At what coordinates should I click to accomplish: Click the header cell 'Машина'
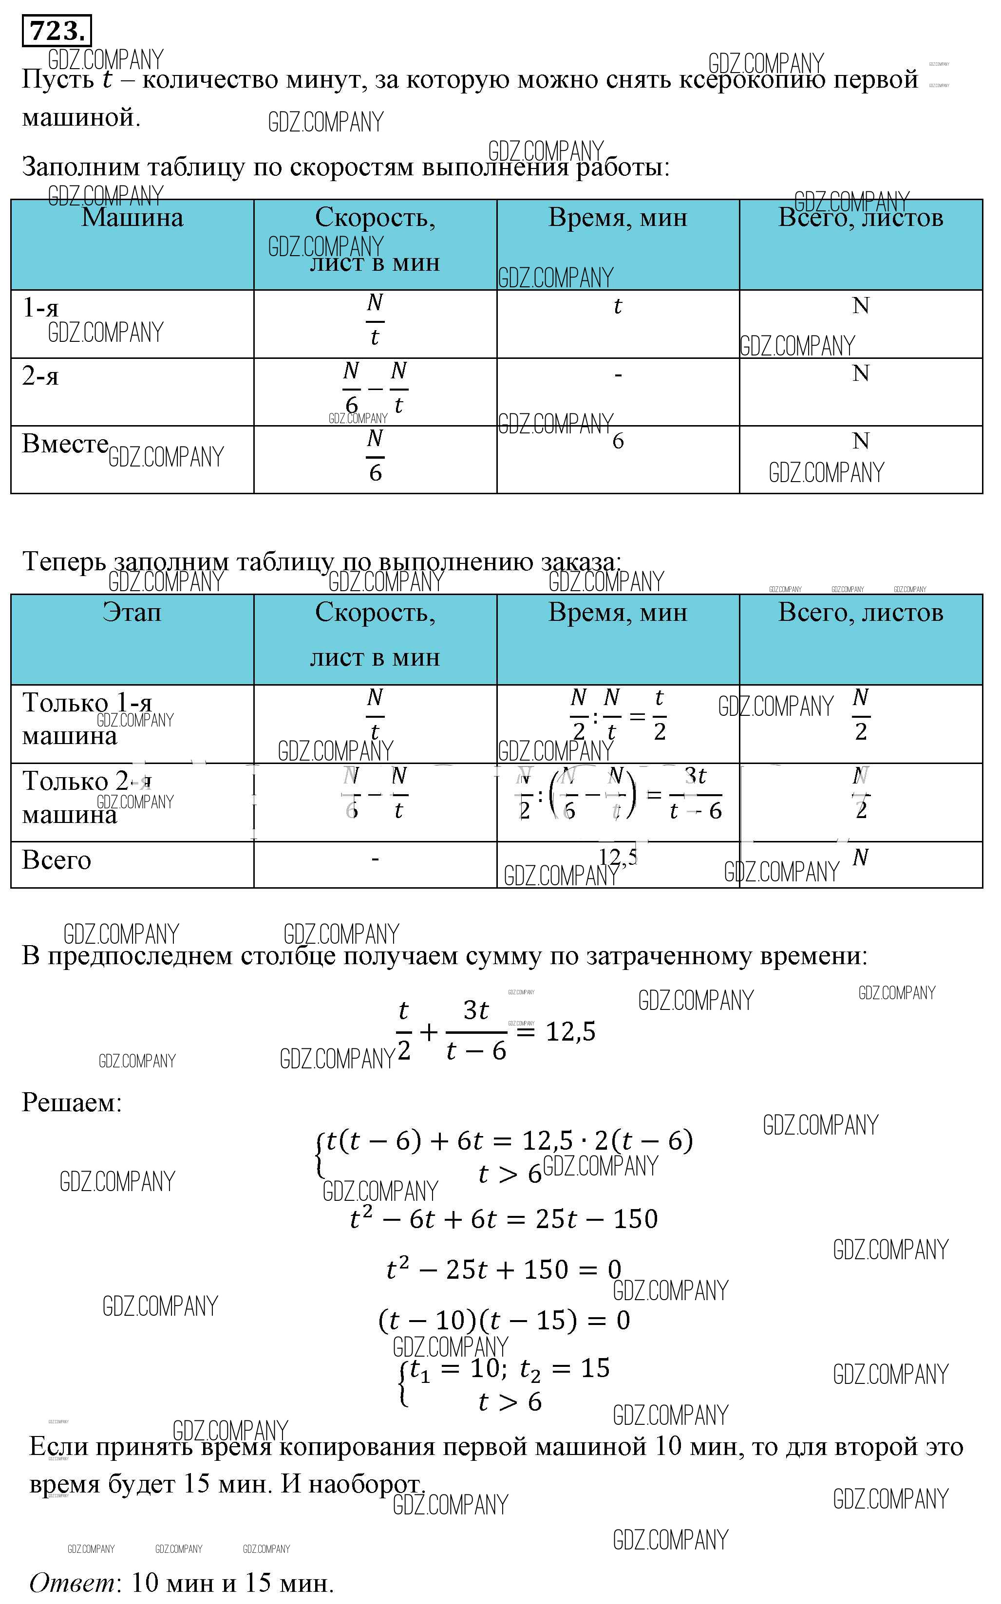132,218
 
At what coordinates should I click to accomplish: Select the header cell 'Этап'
132,612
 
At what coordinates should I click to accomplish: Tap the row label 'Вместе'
65,443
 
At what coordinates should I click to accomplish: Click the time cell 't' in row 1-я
618,306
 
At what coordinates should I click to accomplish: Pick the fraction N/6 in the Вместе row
375,455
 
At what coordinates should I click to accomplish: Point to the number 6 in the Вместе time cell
618,441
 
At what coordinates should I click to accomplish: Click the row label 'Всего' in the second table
57,859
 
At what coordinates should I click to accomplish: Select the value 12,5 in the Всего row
617,857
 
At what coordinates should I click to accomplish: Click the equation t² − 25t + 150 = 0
504,1269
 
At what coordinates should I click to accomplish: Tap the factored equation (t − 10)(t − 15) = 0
504,1320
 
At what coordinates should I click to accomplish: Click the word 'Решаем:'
72,1102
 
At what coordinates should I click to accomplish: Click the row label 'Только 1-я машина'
87,719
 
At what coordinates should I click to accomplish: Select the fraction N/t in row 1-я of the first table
375,320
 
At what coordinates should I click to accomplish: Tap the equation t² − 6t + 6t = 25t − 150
504,1218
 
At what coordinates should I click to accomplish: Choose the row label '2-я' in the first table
40,376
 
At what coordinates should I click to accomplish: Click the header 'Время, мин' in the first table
618,218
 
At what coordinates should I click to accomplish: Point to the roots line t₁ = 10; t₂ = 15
509,1368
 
